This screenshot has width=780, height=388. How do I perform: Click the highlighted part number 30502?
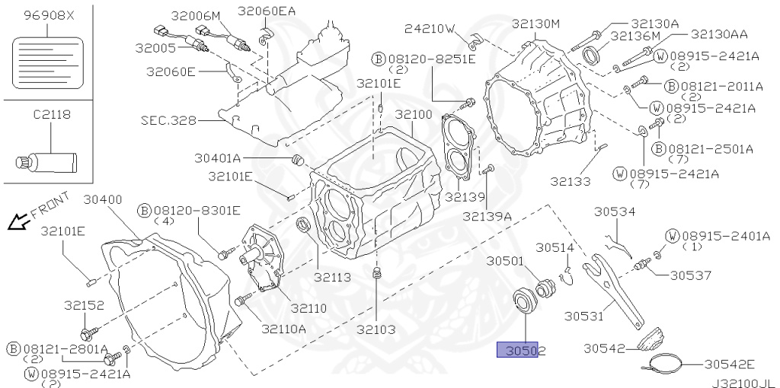point(521,350)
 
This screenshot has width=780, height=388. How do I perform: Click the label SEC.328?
point(168,120)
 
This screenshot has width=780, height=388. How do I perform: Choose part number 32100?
point(413,114)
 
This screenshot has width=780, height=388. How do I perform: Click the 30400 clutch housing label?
point(103,200)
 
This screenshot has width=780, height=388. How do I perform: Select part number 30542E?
point(729,364)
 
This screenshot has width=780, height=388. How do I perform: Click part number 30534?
point(615,212)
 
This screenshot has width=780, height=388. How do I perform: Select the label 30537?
point(692,275)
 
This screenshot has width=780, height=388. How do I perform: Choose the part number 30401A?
point(217,158)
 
